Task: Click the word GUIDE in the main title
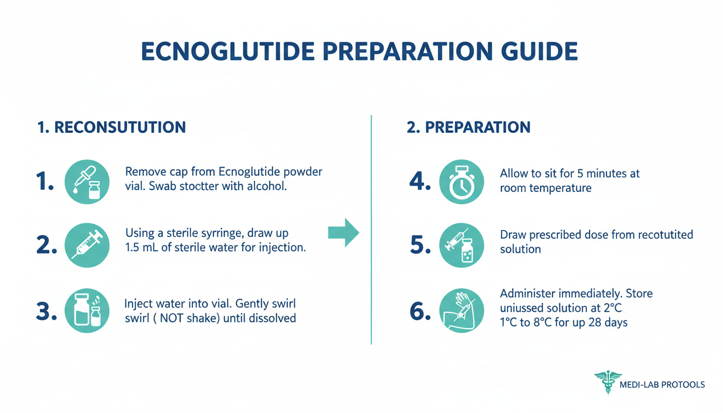tap(540, 51)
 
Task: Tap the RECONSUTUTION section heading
tap(111, 127)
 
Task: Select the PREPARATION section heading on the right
tap(469, 127)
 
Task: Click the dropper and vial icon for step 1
tap(87, 182)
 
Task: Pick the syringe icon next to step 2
tap(87, 245)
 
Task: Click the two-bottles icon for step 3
tap(87, 310)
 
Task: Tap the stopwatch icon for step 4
tap(462, 182)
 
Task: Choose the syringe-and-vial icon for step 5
tap(462, 245)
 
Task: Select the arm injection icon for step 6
tap(462, 310)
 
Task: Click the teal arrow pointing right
tap(343, 233)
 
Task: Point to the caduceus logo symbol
tap(608, 382)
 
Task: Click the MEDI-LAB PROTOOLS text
tap(662, 384)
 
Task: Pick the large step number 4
tap(420, 181)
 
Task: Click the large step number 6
tap(420, 311)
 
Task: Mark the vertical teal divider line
tap(371, 230)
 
